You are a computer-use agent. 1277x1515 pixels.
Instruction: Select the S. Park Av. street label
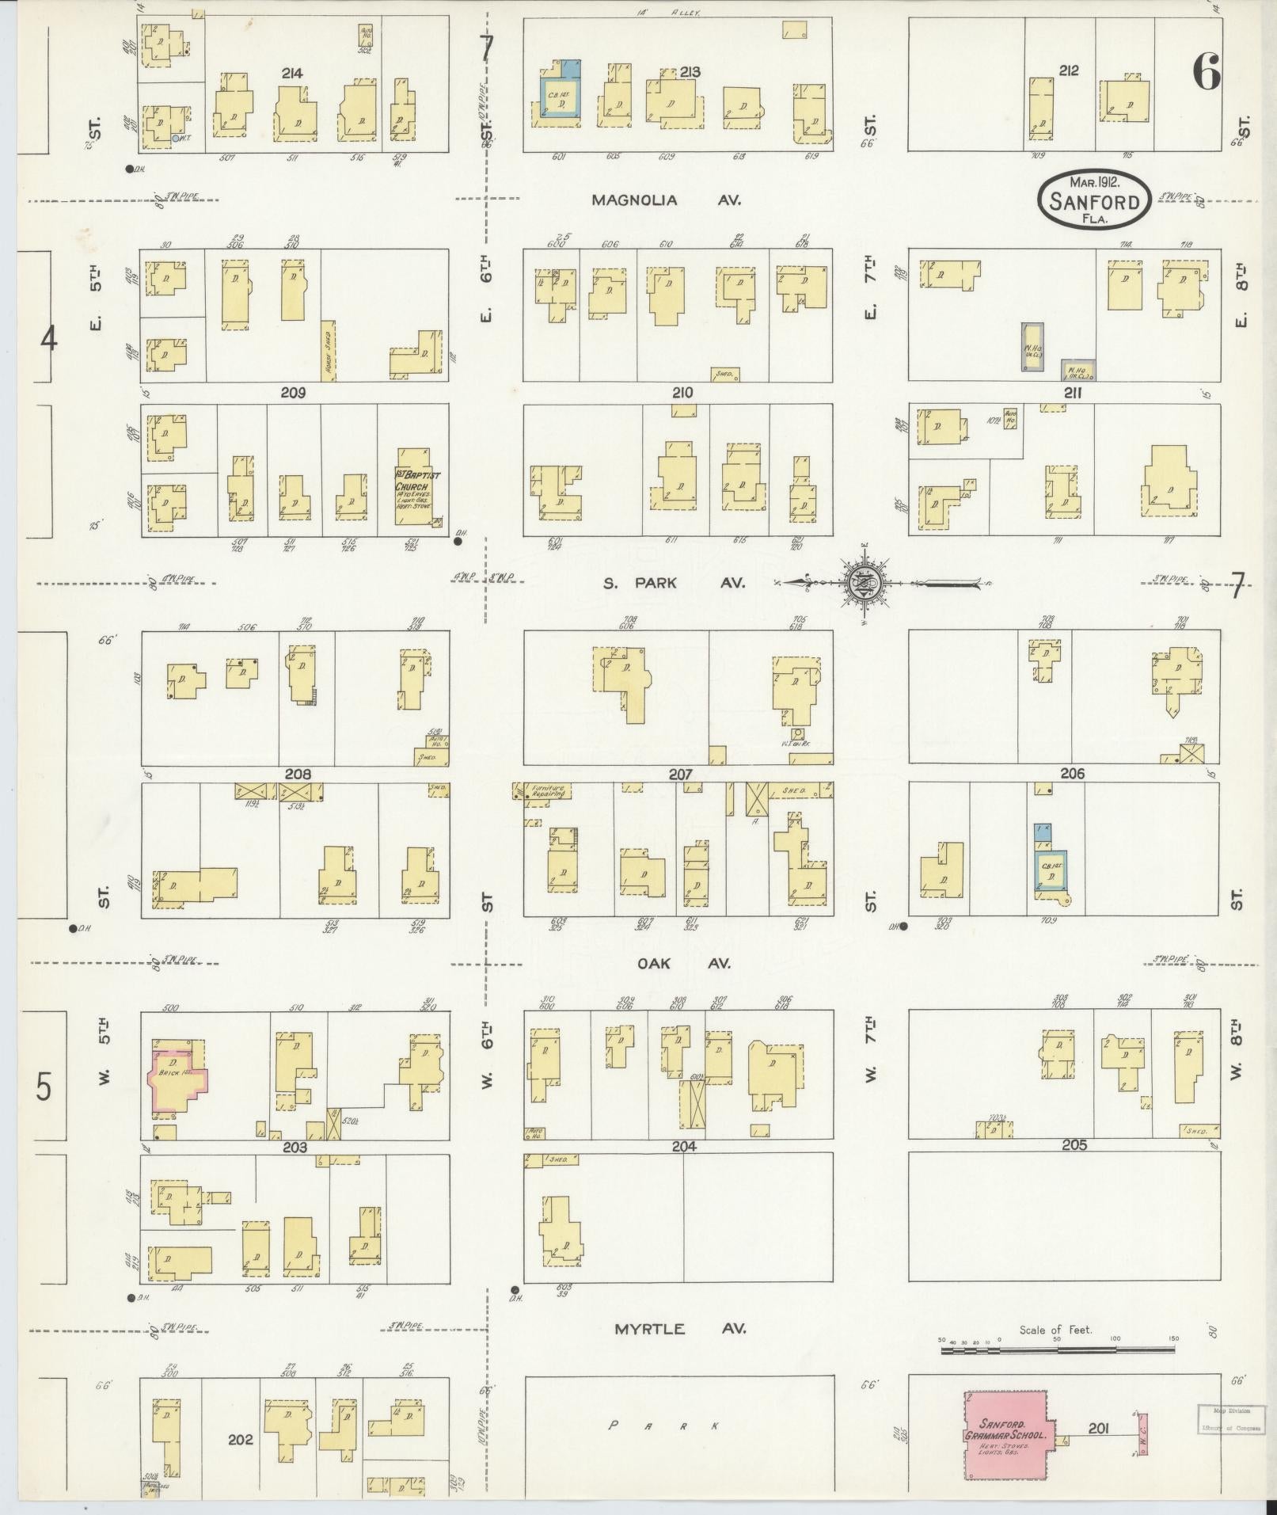pyautogui.click(x=674, y=583)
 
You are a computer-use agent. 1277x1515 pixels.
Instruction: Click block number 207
pyautogui.click(x=680, y=774)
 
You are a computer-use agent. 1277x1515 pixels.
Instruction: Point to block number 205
pyautogui.click(x=1074, y=1145)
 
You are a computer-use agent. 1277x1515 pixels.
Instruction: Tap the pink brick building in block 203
pyautogui.click(x=180, y=1080)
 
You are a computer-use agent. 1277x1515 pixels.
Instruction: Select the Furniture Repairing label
pyautogui.click(x=547, y=791)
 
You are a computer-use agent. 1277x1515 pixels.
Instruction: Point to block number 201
pyautogui.click(x=1097, y=1428)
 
